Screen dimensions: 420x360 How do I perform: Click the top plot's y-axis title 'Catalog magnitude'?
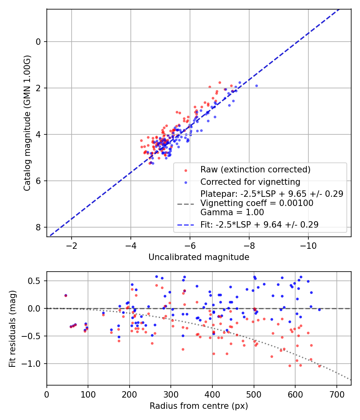point(27,123)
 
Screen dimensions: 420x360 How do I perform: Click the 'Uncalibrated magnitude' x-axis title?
point(199,257)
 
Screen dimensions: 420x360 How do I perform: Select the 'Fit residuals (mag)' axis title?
point(12,328)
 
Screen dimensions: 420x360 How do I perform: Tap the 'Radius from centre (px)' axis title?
point(199,406)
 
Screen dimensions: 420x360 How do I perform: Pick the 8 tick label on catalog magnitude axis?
point(38,227)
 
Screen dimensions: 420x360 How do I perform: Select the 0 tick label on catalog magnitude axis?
point(38,42)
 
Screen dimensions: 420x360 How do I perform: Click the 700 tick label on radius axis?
point(336,394)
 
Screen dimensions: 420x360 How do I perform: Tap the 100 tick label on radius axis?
point(88,394)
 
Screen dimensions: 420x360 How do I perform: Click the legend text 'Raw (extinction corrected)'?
point(255,170)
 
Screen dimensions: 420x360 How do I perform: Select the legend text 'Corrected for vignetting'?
point(250,182)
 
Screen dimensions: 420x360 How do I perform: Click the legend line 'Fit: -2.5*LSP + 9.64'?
point(186,225)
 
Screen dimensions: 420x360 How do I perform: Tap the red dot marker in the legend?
point(186,170)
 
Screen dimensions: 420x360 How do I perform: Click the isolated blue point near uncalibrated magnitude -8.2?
point(256,86)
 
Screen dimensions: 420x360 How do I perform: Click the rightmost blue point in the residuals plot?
point(319,310)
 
